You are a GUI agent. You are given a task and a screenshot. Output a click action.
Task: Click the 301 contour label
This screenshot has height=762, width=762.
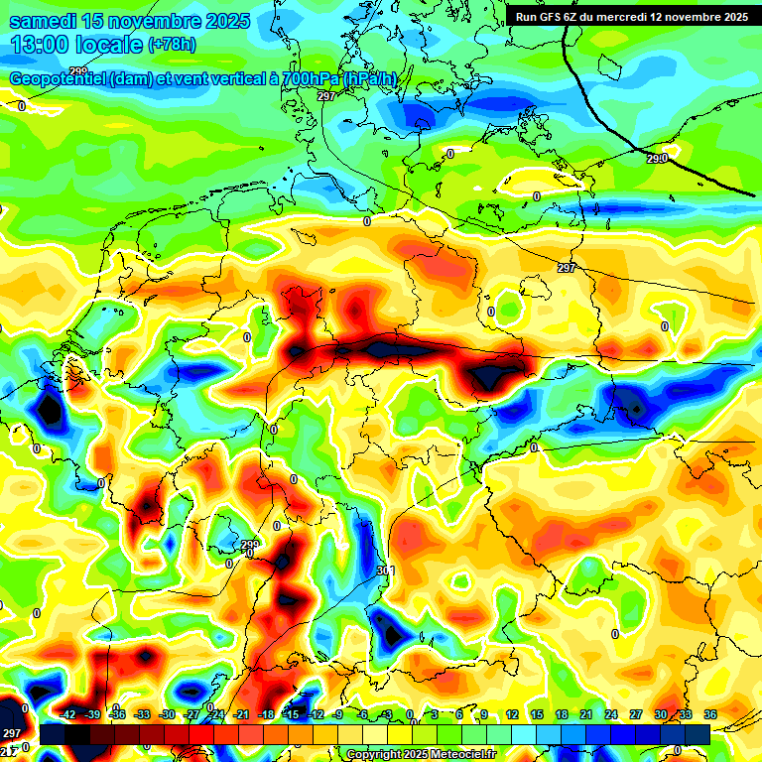pyautogui.click(x=385, y=571)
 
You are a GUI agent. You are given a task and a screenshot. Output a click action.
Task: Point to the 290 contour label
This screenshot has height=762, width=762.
pyautogui.click(x=657, y=158)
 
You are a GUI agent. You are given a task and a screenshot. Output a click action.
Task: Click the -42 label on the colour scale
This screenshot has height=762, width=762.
pyautogui.click(x=68, y=714)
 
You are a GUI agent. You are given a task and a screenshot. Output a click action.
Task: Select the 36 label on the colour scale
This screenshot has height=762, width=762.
pyautogui.click(x=710, y=714)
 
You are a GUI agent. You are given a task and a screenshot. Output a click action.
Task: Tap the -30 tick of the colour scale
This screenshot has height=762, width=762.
pyautogui.click(x=167, y=714)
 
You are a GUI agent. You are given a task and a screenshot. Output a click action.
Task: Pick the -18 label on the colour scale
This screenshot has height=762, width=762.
pyautogui.click(x=266, y=714)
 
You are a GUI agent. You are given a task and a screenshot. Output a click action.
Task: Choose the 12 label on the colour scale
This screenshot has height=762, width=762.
pyautogui.click(x=512, y=714)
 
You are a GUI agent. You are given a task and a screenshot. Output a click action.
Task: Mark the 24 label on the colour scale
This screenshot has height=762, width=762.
pyautogui.click(x=611, y=714)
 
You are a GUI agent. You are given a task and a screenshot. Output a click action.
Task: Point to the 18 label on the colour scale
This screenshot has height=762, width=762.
pyautogui.click(x=562, y=714)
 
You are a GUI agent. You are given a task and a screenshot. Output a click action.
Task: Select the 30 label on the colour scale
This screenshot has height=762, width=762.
pyautogui.click(x=661, y=714)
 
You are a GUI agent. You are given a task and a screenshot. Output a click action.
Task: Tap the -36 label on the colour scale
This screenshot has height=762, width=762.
pyautogui.click(x=118, y=714)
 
